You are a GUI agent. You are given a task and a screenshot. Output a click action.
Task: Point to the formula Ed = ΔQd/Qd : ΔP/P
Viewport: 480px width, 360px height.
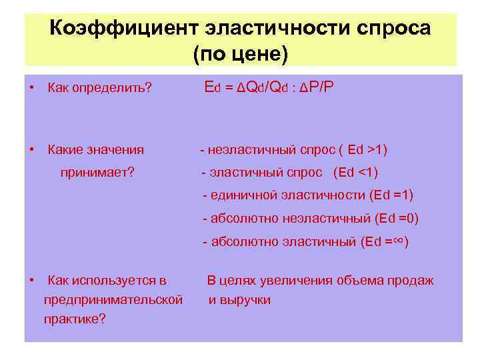tap(269, 88)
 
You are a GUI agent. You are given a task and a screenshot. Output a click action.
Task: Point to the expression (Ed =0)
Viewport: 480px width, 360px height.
tap(397, 218)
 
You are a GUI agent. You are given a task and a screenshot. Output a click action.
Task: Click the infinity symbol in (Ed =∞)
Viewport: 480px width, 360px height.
tap(397, 241)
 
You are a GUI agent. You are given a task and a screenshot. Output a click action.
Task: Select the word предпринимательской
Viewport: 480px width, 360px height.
tap(113, 300)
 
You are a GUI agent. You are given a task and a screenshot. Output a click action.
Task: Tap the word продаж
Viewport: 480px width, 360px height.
tap(413, 280)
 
